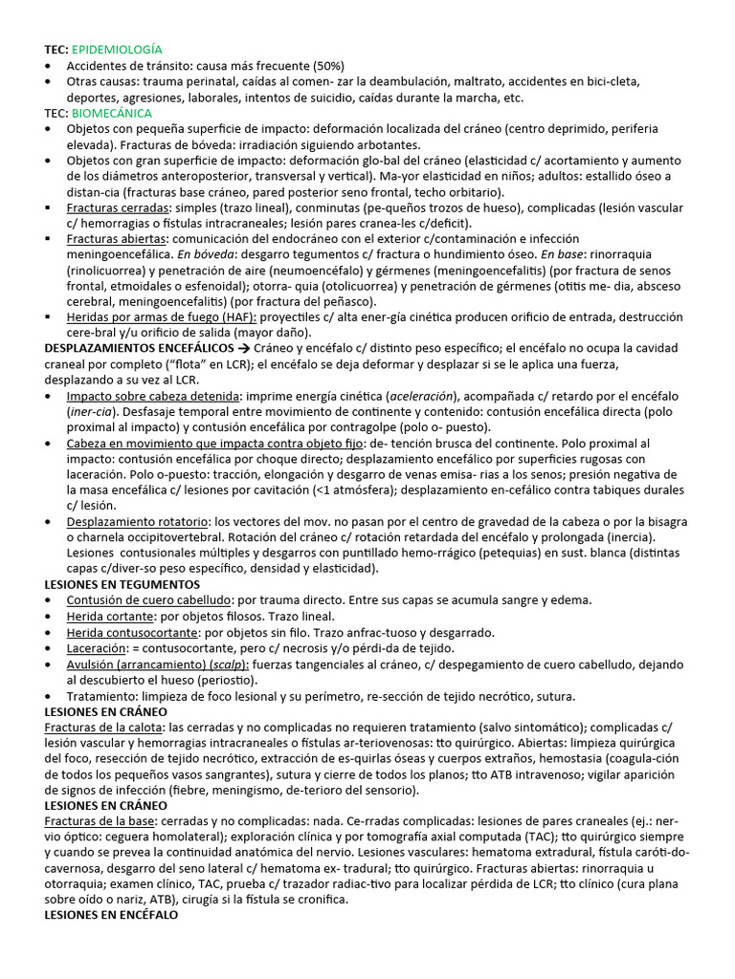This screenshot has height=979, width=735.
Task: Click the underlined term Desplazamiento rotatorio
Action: [x=138, y=521]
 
